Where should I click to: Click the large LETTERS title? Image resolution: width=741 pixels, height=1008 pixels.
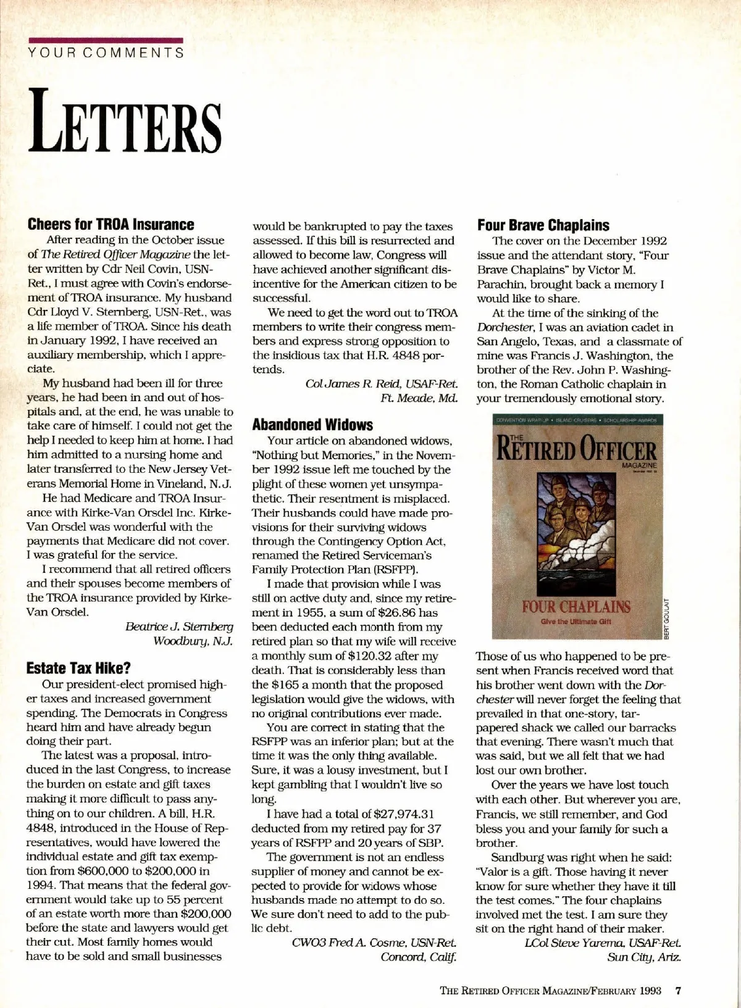pos(125,121)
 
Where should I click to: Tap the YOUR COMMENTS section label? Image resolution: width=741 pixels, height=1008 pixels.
pos(106,52)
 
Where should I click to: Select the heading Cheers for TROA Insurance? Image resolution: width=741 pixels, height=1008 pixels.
pos(111,225)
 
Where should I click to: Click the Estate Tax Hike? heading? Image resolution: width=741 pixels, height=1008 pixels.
pos(78,668)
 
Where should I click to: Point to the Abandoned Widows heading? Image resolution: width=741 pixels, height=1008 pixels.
pos(312,425)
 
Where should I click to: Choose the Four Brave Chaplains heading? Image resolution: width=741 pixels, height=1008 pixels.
pos(543,225)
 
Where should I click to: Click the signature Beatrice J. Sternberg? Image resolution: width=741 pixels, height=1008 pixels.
pos(179,627)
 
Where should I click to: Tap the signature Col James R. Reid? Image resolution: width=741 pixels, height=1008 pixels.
pos(382,384)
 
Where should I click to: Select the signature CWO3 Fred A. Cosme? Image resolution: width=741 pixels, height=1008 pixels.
pos(374,943)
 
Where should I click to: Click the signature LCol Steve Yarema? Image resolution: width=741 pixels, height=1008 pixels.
pos(603,943)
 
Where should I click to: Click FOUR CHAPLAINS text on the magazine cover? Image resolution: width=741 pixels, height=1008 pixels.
pos(576,606)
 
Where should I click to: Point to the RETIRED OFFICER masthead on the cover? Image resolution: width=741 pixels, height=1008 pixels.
pos(576,449)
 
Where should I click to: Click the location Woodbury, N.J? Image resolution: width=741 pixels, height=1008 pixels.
pos(193,641)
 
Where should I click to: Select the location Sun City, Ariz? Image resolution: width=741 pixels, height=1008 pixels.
pos(644,957)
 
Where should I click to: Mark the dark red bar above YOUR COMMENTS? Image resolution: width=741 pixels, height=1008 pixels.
pos(106,41)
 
